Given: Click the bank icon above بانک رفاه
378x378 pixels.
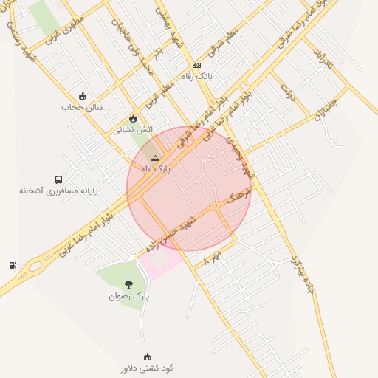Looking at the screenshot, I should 196,66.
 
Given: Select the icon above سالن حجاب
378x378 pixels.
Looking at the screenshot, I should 82,96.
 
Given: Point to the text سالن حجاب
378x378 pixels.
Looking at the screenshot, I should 82,107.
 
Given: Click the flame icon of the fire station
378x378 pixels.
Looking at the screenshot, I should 133,118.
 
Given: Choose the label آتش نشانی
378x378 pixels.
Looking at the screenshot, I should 133,129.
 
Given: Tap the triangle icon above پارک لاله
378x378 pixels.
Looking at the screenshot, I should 155,158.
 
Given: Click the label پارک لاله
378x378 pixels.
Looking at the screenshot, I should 156,169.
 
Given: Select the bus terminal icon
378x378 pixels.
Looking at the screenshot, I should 58,179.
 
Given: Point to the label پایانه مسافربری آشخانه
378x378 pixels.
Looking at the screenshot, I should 58,190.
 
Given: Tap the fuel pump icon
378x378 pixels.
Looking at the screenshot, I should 13,266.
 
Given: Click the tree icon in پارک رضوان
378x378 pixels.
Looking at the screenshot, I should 129,284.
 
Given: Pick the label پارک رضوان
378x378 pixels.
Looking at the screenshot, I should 129,296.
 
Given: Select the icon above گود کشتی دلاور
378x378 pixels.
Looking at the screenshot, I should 147,357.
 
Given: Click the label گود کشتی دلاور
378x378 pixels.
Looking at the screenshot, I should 147,368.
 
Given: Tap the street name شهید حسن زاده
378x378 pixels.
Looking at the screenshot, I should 171,234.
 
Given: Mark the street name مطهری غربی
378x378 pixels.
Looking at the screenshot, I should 63,29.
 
